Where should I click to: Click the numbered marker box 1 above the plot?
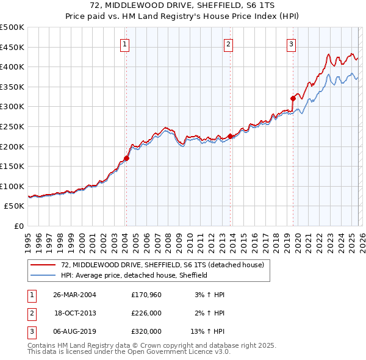pos(124,43)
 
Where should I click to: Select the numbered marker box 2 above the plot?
pos(228,43)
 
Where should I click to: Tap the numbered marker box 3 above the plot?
pos(292,43)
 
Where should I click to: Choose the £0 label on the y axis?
pos(18,226)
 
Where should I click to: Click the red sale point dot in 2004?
pos(126,158)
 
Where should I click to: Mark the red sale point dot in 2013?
pos(230,136)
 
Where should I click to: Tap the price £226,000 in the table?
pos(146,313)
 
